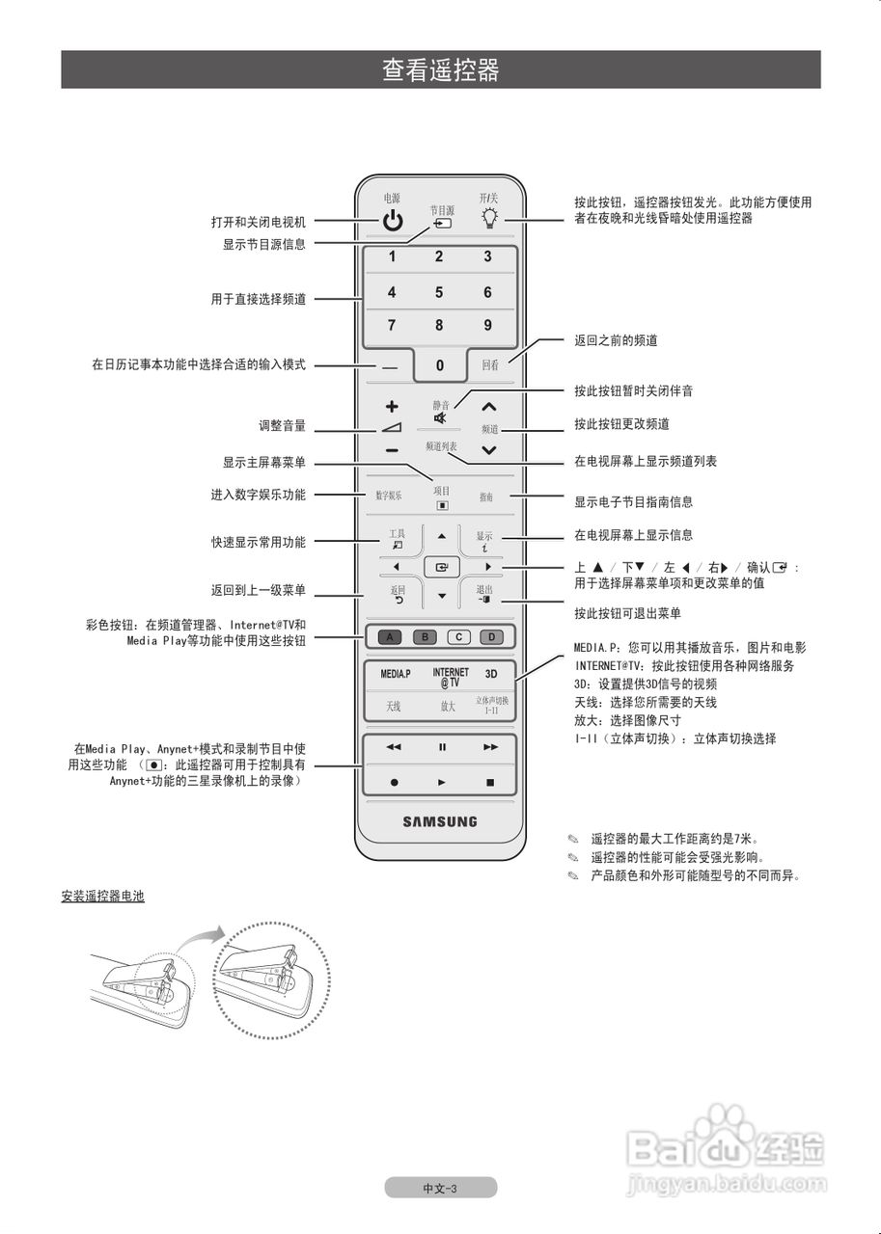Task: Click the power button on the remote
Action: click(392, 221)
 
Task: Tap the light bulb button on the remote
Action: click(490, 219)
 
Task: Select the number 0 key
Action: click(440, 365)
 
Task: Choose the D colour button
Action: click(491, 637)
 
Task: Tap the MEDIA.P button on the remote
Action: click(395, 674)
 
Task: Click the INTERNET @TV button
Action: click(450, 677)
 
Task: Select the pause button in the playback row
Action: click(442, 747)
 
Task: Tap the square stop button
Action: click(489, 783)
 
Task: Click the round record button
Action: click(394, 783)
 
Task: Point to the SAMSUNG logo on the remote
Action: click(440, 822)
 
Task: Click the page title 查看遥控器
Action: click(440, 70)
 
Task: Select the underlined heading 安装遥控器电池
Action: click(102, 897)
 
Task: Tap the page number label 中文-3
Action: click(440, 1189)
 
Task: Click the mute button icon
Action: click(440, 418)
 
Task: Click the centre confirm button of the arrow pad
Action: click(441, 568)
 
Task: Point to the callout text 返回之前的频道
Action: click(616, 341)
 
